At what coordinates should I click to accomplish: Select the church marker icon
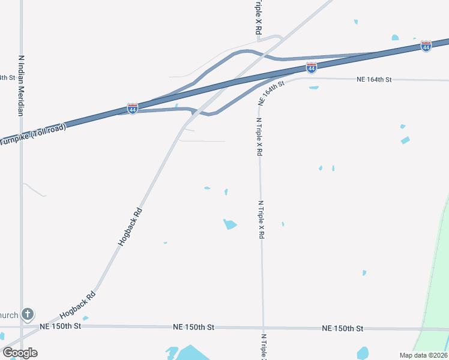[27, 314]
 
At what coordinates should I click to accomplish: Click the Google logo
[19, 353]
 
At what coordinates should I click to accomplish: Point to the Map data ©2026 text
[423, 355]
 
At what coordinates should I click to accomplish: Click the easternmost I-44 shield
[426, 46]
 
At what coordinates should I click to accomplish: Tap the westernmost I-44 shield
[133, 109]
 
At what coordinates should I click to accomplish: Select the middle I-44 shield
[311, 68]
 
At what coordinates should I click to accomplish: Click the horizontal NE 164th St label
[373, 79]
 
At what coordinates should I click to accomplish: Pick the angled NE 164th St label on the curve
[271, 94]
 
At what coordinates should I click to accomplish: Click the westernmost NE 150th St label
[60, 326]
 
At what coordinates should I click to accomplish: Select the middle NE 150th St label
[193, 327]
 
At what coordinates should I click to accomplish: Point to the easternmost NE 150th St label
[342, 328]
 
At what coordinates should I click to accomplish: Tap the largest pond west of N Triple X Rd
[230, 224]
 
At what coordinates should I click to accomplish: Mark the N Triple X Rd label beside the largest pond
[261, 220]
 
